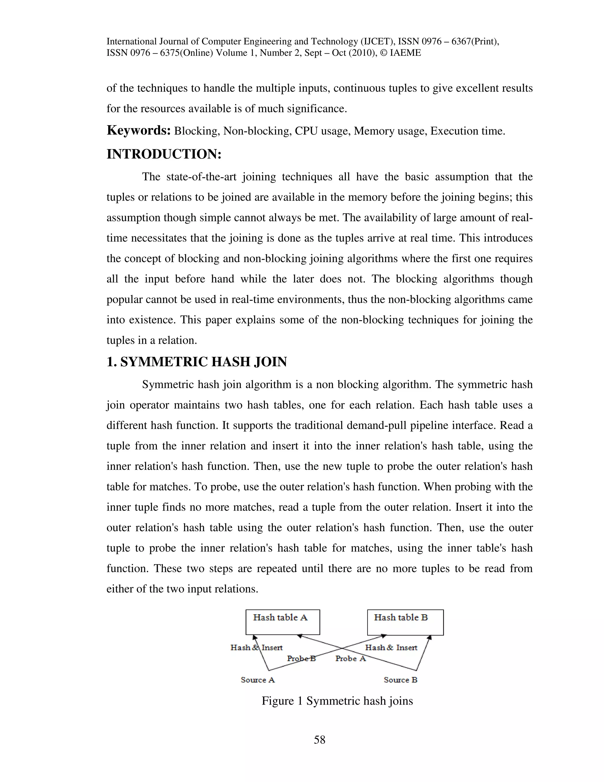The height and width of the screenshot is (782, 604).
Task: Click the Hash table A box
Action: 282,622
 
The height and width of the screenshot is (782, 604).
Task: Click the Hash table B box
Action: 405,622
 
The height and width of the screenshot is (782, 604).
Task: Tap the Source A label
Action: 258,680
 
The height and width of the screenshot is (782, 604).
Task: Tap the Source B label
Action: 401,680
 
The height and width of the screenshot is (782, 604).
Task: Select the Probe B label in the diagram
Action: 301,658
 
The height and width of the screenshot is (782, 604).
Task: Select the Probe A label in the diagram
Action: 350,658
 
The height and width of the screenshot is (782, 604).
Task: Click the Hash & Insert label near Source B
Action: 391,647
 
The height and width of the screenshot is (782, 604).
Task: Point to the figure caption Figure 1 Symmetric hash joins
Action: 337,701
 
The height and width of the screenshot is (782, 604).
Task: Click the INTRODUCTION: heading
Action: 164,154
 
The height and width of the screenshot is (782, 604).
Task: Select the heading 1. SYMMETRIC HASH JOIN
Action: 196,362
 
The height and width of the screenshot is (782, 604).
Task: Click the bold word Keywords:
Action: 139,130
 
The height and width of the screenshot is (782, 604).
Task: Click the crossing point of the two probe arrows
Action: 342,648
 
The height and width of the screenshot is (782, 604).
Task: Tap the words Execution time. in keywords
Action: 467,131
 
